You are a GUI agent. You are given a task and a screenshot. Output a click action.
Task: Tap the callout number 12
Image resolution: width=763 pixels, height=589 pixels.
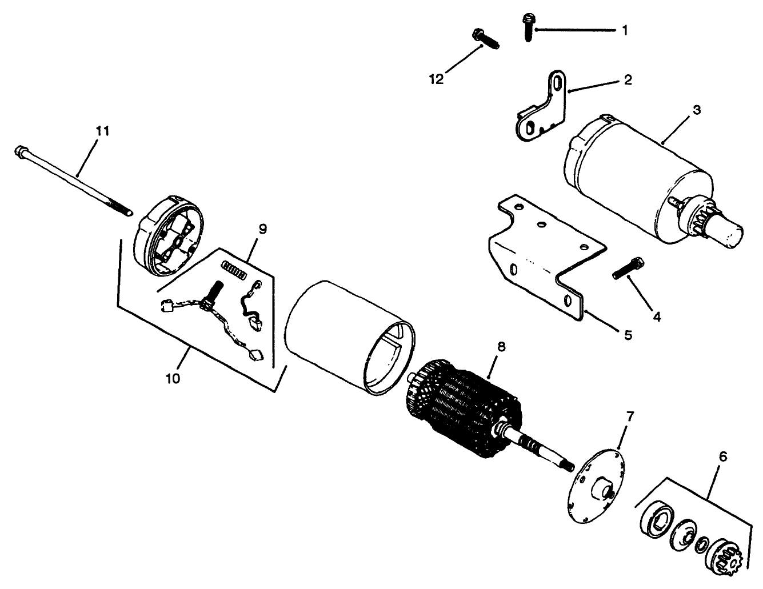[437, 79]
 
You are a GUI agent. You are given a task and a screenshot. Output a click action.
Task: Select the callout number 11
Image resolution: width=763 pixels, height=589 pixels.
[103, 131]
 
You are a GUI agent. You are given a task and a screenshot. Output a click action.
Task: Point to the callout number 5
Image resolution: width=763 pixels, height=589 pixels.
[628, 335]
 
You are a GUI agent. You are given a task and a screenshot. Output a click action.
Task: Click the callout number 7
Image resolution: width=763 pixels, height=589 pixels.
[630, 416]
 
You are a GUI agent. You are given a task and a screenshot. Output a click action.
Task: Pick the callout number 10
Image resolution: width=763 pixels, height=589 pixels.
[173, 379]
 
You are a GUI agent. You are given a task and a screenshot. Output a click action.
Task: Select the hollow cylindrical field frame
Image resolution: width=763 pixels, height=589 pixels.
[350, 338]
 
